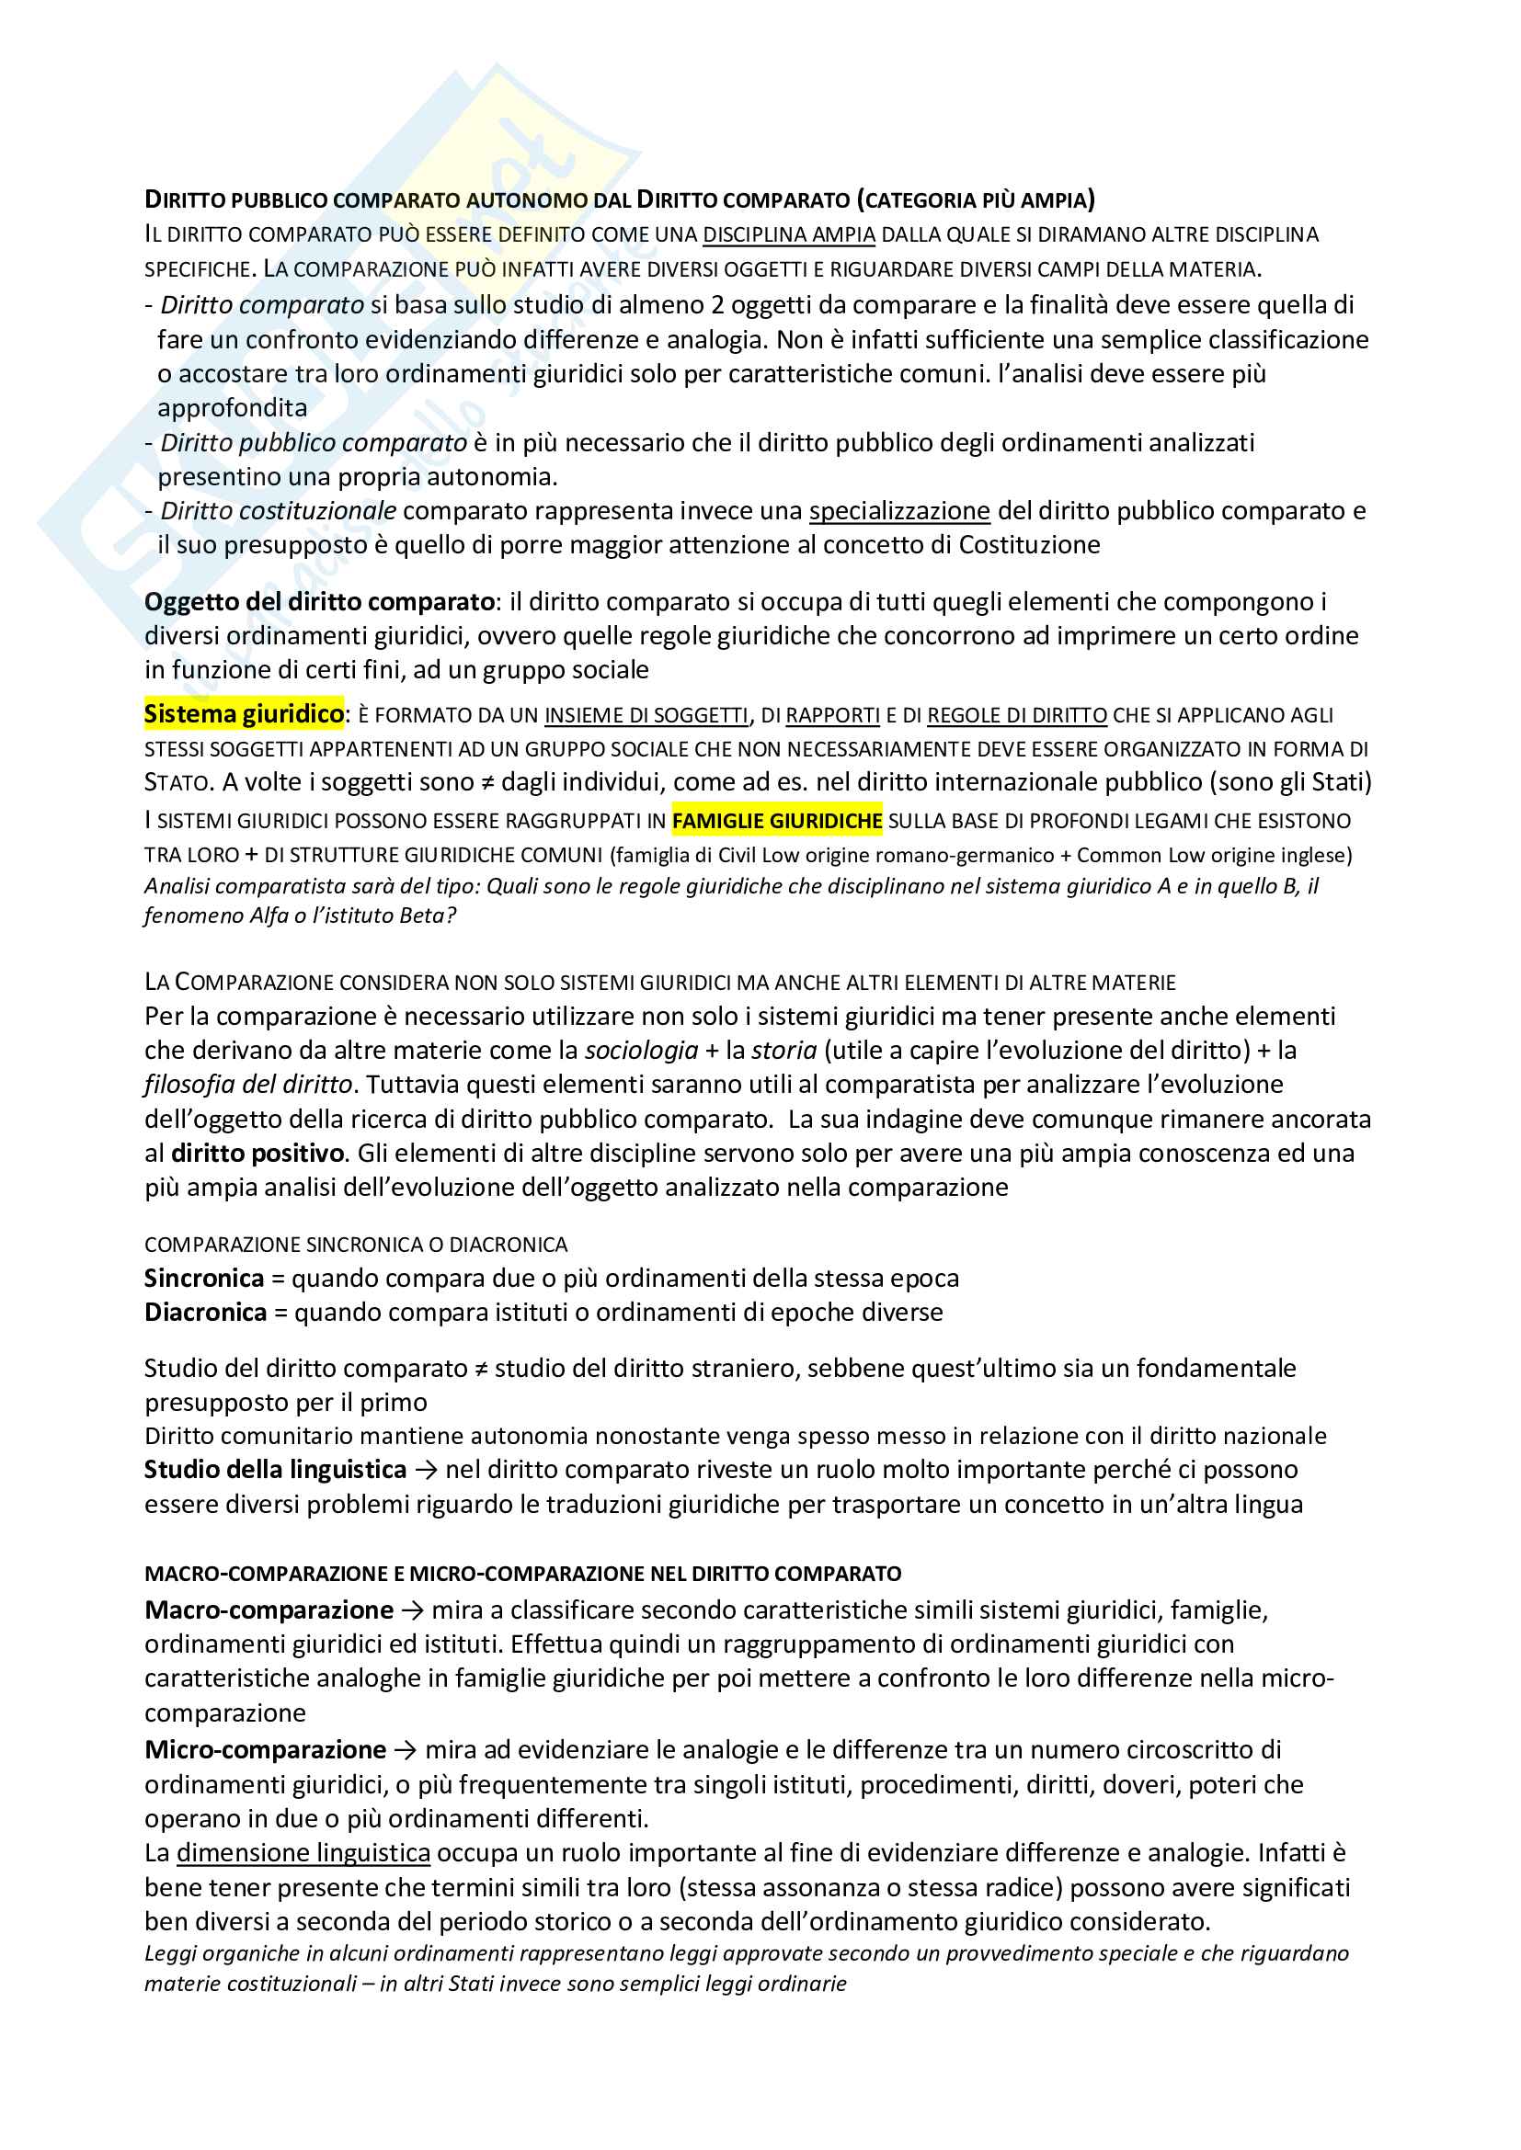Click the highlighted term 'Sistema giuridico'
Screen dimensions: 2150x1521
(244, 714)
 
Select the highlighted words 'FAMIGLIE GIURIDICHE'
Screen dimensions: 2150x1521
(776, 821)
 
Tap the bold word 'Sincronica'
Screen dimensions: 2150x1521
(204, 1279)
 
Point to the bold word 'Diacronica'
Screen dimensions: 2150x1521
(205, 1312)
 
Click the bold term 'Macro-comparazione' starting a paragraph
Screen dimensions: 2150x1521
(269, 1610)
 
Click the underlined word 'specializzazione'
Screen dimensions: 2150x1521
(899, 511)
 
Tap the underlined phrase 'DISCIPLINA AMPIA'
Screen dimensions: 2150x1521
(789, 235)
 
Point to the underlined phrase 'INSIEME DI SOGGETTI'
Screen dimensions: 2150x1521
(646, 715)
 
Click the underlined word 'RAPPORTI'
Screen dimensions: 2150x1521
(832, 715)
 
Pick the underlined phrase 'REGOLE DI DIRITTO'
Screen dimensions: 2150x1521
(1017, 715)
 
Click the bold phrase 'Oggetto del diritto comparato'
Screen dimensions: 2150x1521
(319, 601)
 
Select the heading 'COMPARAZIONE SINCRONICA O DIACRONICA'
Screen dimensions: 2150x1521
(356, 1245)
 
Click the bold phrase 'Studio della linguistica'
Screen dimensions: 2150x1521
(275, 1469)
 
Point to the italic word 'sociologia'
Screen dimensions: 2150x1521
(642, 1051)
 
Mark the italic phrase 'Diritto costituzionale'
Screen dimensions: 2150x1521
(278, 511)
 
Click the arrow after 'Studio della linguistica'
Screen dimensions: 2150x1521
(426, 1470)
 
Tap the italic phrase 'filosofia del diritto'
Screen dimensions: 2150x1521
(248, 1085)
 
